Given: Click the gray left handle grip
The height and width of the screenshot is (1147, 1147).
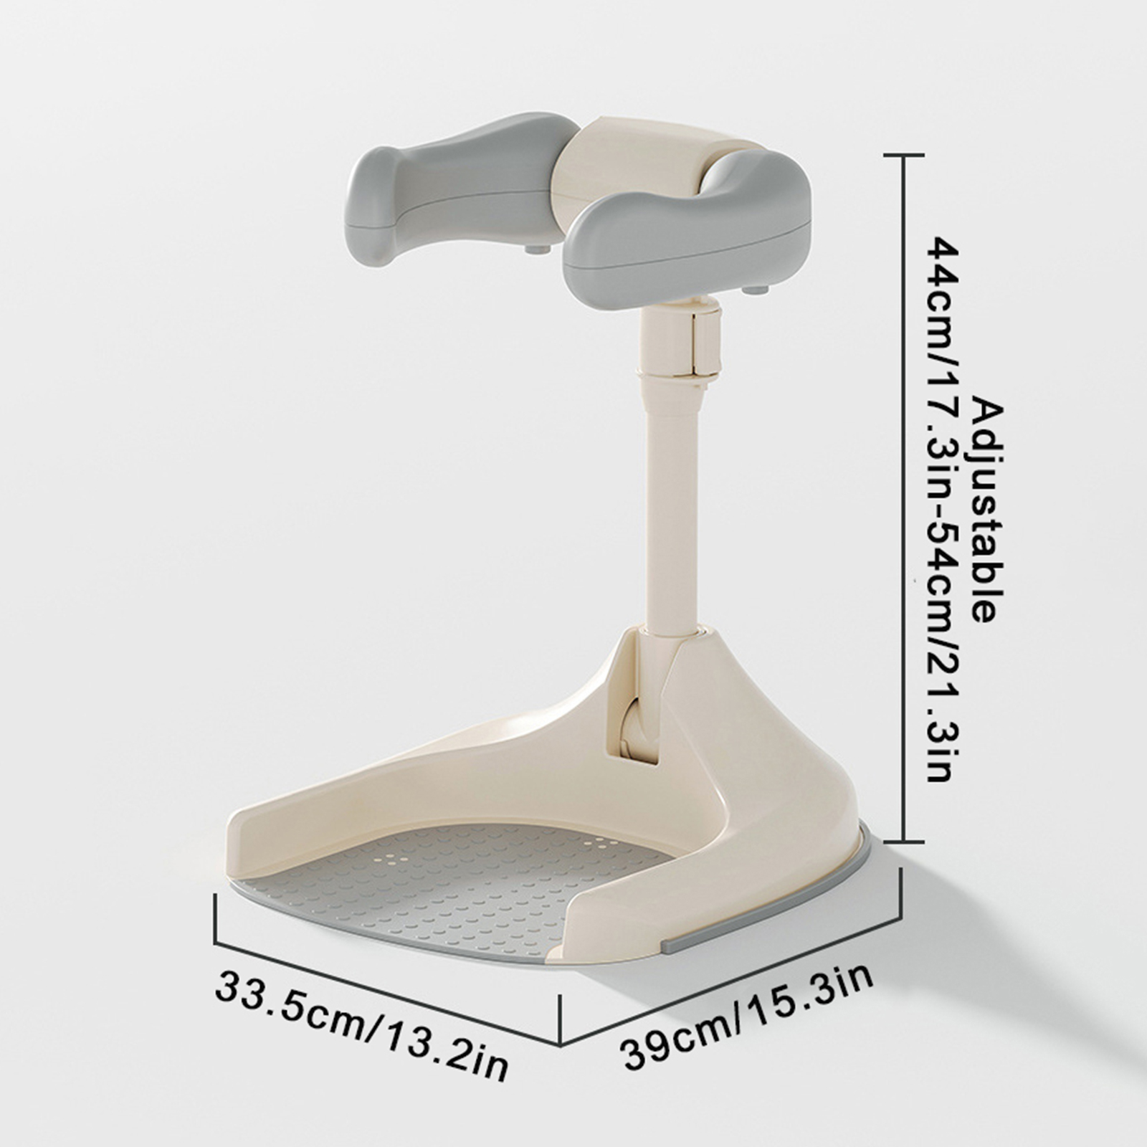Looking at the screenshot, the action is [459, 186].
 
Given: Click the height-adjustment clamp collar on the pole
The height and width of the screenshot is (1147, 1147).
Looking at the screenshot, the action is [681, 341].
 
